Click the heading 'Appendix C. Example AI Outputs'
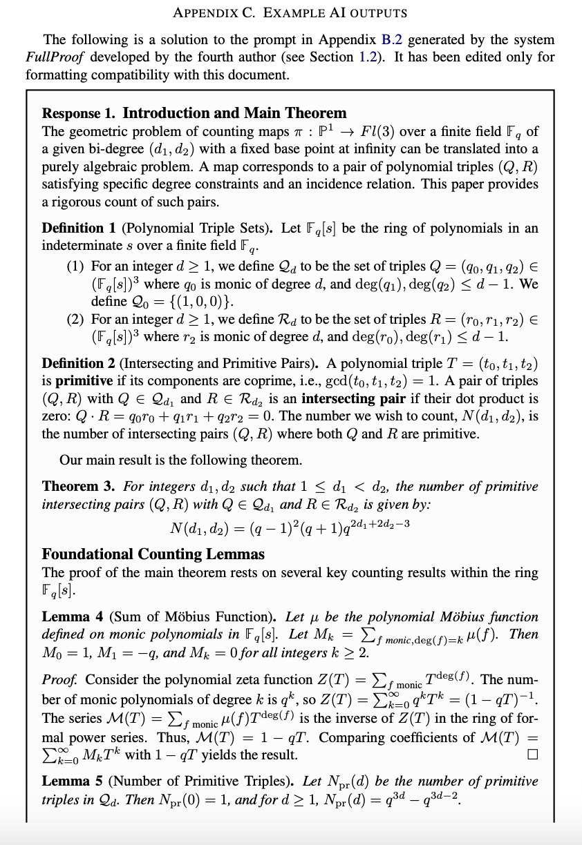point(290,12)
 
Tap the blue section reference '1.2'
point(368,57)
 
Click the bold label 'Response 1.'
point(80,113)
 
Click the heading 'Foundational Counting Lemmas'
point(153,554)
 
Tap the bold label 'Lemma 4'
point(66,616)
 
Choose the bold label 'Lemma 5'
point(66,781)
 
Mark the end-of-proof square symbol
point(532,755)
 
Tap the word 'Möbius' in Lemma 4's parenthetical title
point(169,616)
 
